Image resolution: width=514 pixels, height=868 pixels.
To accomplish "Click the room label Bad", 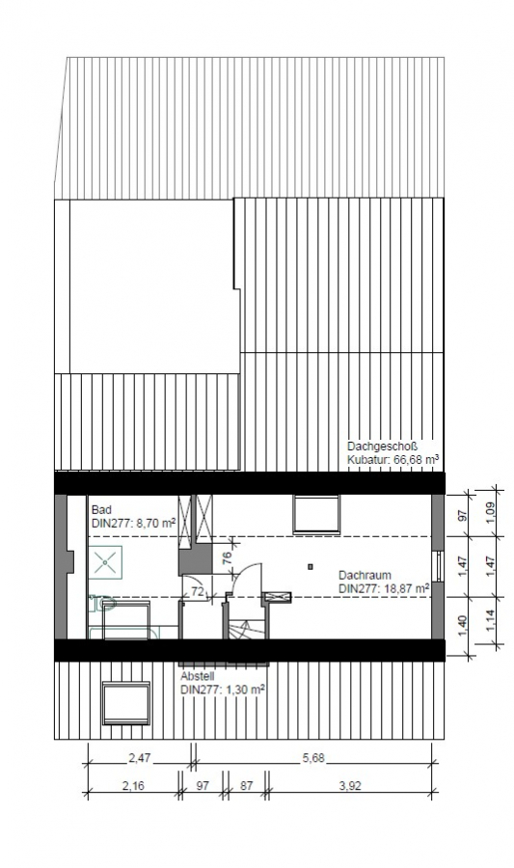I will pos(99,509).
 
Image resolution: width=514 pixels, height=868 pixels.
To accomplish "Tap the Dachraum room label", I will pos(365,575).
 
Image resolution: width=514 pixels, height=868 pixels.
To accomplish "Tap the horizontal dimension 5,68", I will pos(312,759).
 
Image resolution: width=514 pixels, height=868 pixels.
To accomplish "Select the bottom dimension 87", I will pos(246,786).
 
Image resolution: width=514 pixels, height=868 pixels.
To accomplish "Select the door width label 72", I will pos(197,590).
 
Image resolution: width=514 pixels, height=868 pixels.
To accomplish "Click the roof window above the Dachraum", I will pos(316,513).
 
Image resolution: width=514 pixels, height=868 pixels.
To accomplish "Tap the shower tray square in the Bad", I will pos(108,561).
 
